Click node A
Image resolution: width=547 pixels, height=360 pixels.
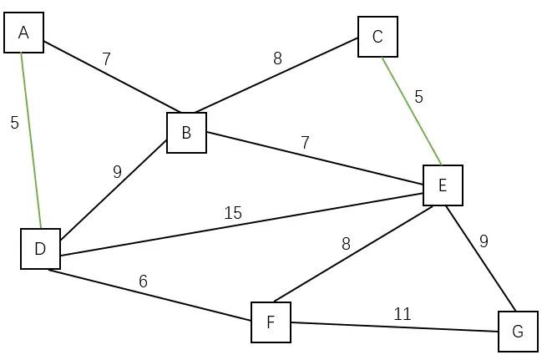23,33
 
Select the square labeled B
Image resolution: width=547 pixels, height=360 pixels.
186,133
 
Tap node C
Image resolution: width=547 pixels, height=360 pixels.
377,37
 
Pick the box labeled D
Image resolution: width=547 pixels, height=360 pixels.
40,249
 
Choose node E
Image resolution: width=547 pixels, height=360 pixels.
443,185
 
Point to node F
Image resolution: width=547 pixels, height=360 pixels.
271,322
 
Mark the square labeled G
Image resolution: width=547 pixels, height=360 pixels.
518,332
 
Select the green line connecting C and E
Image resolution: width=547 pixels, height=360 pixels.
411,110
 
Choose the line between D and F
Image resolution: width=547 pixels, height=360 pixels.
150,293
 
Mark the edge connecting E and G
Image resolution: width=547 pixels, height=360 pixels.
480,259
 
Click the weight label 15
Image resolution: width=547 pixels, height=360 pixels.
233,213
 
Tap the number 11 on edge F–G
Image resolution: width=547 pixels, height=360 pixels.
403,314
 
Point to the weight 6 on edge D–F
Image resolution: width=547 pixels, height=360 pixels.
143,281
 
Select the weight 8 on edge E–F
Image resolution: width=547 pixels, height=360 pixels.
346,244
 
